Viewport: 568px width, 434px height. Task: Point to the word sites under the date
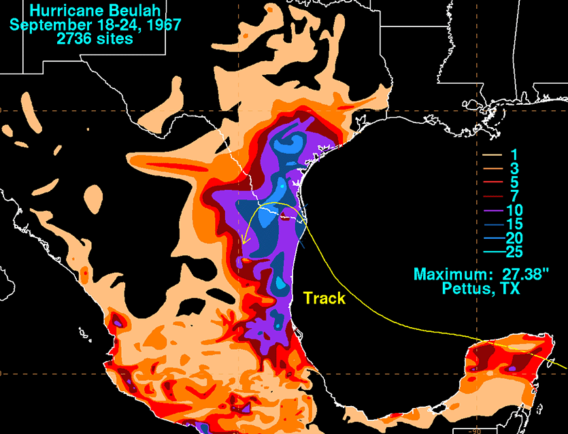tap(114, 39)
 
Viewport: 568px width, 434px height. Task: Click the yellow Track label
tap(324, 298)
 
